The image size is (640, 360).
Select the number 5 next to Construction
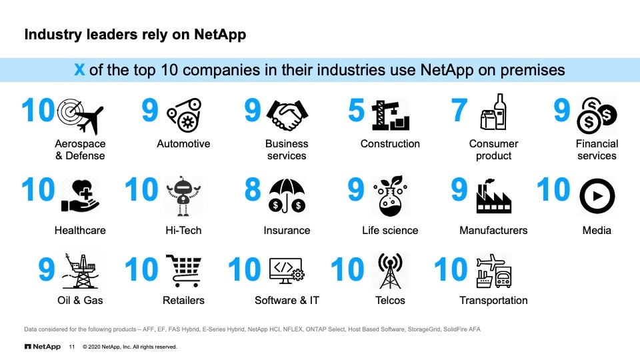[356, 111]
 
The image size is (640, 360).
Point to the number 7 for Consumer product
[459, 111]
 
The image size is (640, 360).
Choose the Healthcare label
[80, 231]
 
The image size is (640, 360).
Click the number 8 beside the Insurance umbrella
[253, 190]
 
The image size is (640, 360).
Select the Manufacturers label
[493, 231]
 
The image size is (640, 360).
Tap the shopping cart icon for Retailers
[183, 271]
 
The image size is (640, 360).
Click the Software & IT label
[287, 301]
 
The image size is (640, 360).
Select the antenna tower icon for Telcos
[390, 271]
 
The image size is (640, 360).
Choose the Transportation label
[493, 301]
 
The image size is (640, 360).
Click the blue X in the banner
[79, 69]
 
